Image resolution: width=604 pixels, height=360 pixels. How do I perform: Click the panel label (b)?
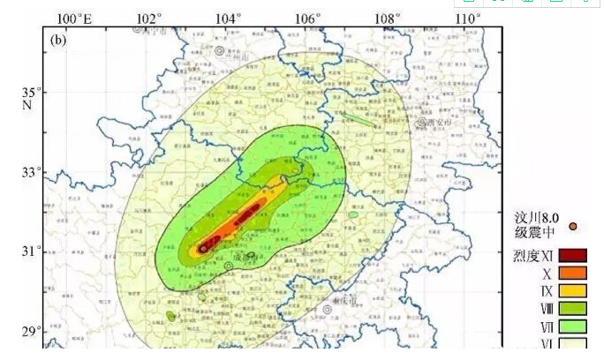59,40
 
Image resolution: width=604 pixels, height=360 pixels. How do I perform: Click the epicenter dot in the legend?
573,227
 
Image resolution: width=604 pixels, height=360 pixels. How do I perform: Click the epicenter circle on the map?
204,249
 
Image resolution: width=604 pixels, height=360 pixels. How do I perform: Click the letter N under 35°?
27,105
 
